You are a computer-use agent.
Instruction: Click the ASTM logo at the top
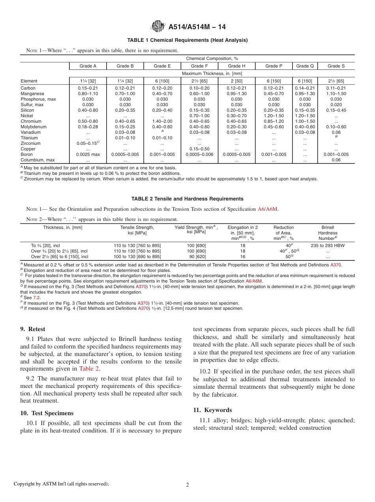pos(158,27)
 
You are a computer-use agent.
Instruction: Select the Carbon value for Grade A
pos(88,88)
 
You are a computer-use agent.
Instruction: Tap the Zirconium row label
pos(30,144)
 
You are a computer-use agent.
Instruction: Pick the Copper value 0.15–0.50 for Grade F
pos(199,149)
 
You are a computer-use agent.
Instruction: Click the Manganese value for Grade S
pos(336,94)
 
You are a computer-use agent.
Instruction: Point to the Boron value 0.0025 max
pos(88,155)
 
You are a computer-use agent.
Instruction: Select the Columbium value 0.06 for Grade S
pos(336,160)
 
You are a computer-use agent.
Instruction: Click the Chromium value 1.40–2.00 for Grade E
pos(162,122)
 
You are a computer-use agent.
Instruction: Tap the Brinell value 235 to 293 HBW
pos(328,245)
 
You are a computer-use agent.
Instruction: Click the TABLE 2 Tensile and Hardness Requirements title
pos(187,199)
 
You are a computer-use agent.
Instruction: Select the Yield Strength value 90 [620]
pos(196,257)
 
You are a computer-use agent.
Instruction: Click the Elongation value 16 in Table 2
pos(243,257)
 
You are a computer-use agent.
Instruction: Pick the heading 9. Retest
pos(33,329)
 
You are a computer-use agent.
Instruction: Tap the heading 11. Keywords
pos(213,410)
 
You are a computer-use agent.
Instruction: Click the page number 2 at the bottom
pos(187,485)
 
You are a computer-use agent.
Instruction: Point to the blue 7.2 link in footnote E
pos(36,298)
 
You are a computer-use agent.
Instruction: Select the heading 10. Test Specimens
pos(47,413)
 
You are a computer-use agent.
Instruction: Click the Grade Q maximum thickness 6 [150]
pos(305,81)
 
